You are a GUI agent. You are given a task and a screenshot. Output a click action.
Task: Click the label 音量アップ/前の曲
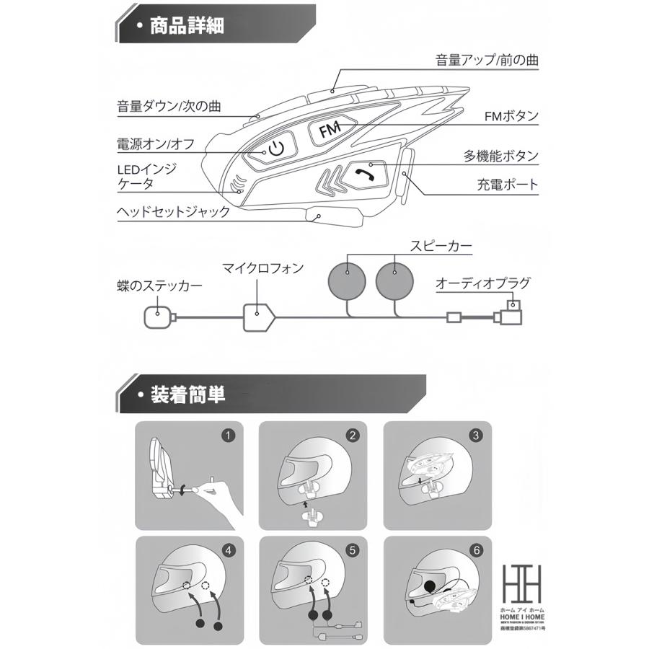pyautogui.click(x=487, y=59)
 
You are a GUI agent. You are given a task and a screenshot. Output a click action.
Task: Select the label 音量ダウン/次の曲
pyautogui.click(x=169, y=107)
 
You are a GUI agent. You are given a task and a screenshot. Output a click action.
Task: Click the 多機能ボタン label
pyautogui.click(x=500, y=155)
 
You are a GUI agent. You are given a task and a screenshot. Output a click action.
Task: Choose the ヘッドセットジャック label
pyautogui.click(x=174, y=212)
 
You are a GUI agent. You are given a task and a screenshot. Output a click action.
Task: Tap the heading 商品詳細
pyautogui.click(x=186, y=27)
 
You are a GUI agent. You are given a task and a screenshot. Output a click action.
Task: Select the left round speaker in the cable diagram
pyautogui.click(x=347, y=278)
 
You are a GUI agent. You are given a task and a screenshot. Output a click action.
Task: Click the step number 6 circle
pyautogui.click(x=475, y=550)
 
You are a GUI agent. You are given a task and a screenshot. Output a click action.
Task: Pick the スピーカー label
pyautogui.click(x=441, y=247)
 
